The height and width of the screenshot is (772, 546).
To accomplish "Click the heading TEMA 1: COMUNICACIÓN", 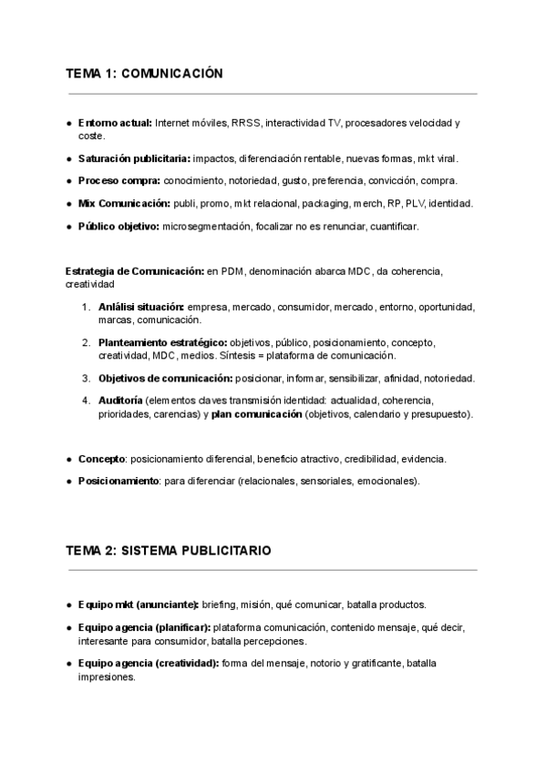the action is pyautogui.click(x=144, y=74).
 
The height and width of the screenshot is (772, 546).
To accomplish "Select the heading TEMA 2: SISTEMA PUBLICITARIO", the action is pyautogui.click(x=168, y=551).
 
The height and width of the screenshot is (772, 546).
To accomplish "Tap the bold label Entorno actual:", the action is pyautogui.click(x=116, y=123).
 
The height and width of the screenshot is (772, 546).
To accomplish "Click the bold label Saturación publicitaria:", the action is pyautogui.click(x=134, y=157).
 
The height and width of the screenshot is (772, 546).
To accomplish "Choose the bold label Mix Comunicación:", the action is pyautogui.click(x=124, y=203).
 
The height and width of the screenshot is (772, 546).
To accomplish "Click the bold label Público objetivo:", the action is pyautogui.click(x=118, y=226).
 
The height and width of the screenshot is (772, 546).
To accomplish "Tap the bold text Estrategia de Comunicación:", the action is pyautogui.click(x=135, y=271).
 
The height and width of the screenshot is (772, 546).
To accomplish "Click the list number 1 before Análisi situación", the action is pyautogui.click(x=86, y=308).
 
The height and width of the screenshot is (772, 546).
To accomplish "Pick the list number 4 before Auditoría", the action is pyautogui.click(x=86, y=401).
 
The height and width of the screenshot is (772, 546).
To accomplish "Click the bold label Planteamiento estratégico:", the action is pyautogui.click(x=163, y=343).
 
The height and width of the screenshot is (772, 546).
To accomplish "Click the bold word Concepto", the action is pyautogui.click(x=101, y=459).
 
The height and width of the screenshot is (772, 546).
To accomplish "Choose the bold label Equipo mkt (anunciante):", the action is pyautogui.click(x=139, y=604).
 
